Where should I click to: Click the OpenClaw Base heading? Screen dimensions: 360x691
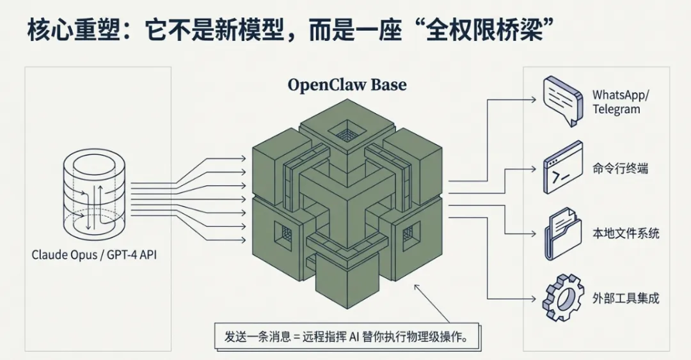pos(347,84)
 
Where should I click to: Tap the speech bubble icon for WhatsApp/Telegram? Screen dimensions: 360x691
pos(562,100)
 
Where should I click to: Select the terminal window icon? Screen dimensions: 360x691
pos(562,168)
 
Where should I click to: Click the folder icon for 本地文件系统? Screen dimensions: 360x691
pos(562,233)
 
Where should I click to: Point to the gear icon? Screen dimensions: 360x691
pos(562,297)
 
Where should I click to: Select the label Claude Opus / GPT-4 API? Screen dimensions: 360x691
pos(95,255)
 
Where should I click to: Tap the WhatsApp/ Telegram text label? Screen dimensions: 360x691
pos(620,102)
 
